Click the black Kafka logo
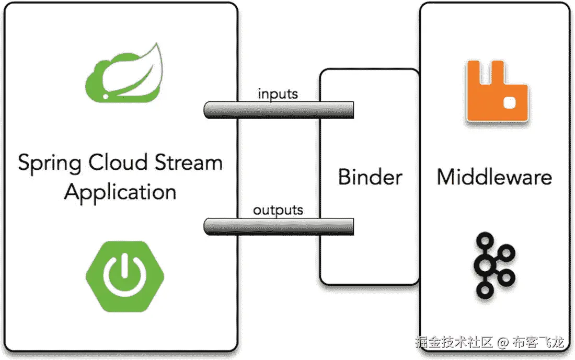click(x=493, y=264)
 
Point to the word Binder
click(x=370, y=177)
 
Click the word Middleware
click(x=494, y=177)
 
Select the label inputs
click(x=278, y=94)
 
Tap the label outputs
click(x=278, y=210)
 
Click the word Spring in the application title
click(x=50, y=163)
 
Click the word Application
click(x=120, y=192)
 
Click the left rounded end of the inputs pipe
click(x=206, y=110)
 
